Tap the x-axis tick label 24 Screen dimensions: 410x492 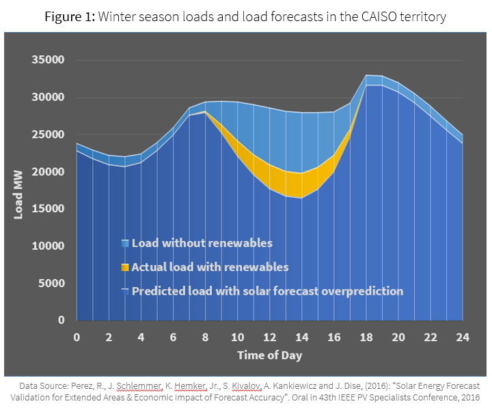point(463,336)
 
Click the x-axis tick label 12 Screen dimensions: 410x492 point(269,336)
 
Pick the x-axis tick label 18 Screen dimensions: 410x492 point(366,336)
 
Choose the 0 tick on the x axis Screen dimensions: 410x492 point(77,336)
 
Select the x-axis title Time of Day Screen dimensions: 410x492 point(269,355)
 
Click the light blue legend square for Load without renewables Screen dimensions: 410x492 point(124,244)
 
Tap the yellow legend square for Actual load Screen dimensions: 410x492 point(124,267)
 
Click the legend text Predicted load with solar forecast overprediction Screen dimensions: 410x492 point(267,291)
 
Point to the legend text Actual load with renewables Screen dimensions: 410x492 point(210,267)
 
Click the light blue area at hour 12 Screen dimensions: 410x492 point(269,136)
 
